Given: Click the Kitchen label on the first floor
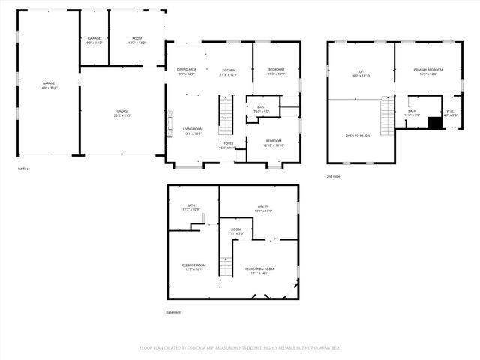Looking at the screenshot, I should coord(228,72).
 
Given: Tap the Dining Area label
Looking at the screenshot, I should coord(187,71).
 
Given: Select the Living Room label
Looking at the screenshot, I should coord(193,131).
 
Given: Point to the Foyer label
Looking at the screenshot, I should coord(228,145).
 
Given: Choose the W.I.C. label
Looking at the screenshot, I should coord(450,113).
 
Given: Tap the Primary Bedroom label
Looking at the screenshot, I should coord(428,72).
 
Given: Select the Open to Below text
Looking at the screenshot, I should coord(358,136).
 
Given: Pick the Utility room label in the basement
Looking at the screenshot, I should coord(263,209).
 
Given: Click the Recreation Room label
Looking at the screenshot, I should coord(259,271).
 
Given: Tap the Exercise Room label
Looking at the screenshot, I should coord(193,267).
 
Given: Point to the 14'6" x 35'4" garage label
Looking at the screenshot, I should coord(48,85).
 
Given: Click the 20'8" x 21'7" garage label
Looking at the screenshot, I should coord(122,113).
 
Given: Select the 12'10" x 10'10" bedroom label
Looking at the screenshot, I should coord(274,143).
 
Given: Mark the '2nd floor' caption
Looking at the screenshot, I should coord(334,175).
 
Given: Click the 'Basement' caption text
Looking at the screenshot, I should coord(173,313).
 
